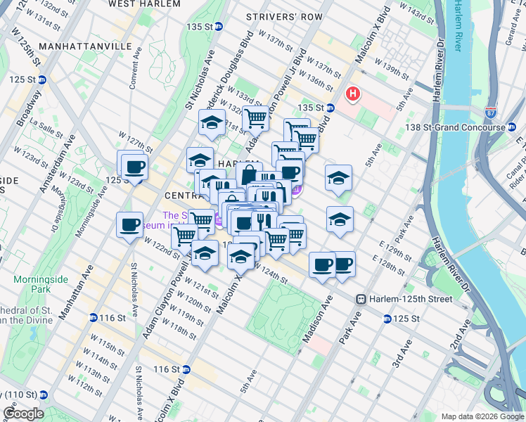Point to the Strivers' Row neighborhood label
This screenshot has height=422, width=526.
pos(285,16)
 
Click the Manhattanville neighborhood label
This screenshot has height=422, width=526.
pos(86,46)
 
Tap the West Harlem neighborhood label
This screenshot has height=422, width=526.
pos(141,4)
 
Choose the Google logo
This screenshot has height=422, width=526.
pos(24,414)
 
